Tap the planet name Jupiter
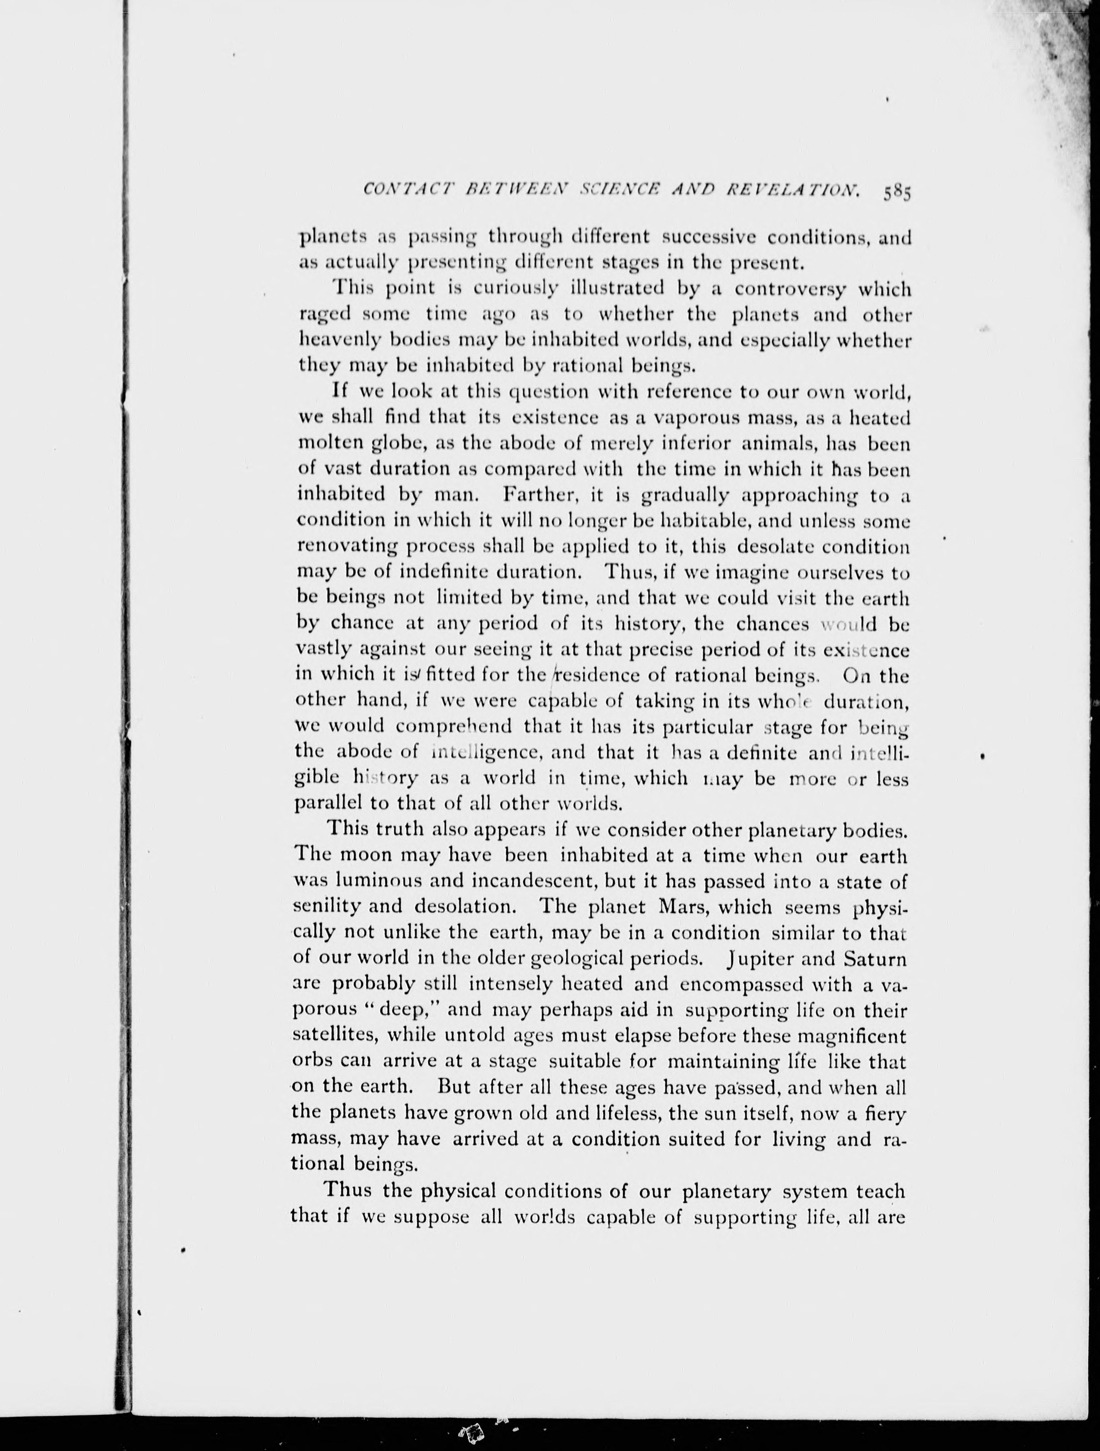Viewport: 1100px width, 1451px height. click(759, 958)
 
